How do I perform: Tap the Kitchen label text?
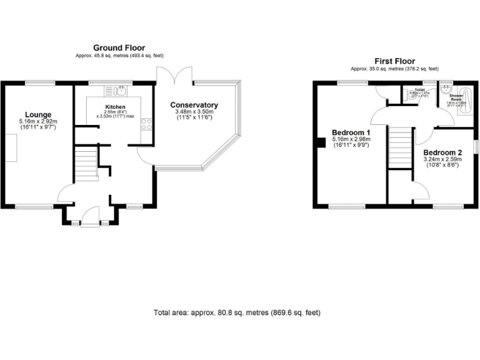115,107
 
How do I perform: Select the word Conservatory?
194,105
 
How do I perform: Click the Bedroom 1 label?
351,132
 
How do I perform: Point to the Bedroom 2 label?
442,152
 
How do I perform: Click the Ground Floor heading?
119,47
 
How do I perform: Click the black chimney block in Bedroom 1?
320,143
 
